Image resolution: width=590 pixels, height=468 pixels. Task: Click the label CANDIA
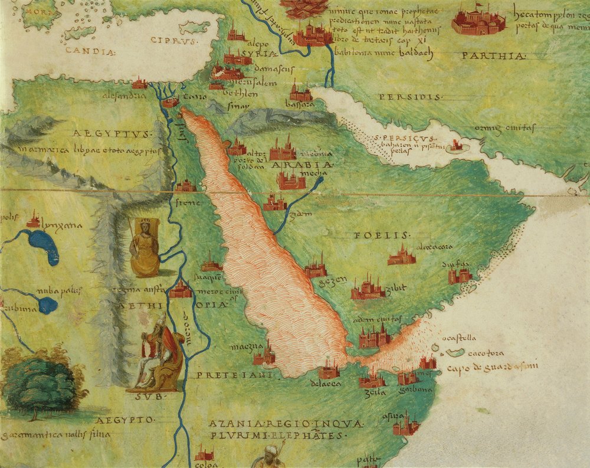click(90, 51)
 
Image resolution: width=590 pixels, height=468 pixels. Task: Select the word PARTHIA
click(494, 56)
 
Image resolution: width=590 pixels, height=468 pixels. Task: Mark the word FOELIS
click(375, 235)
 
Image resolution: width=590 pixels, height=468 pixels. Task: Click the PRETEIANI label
click(234, 375)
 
